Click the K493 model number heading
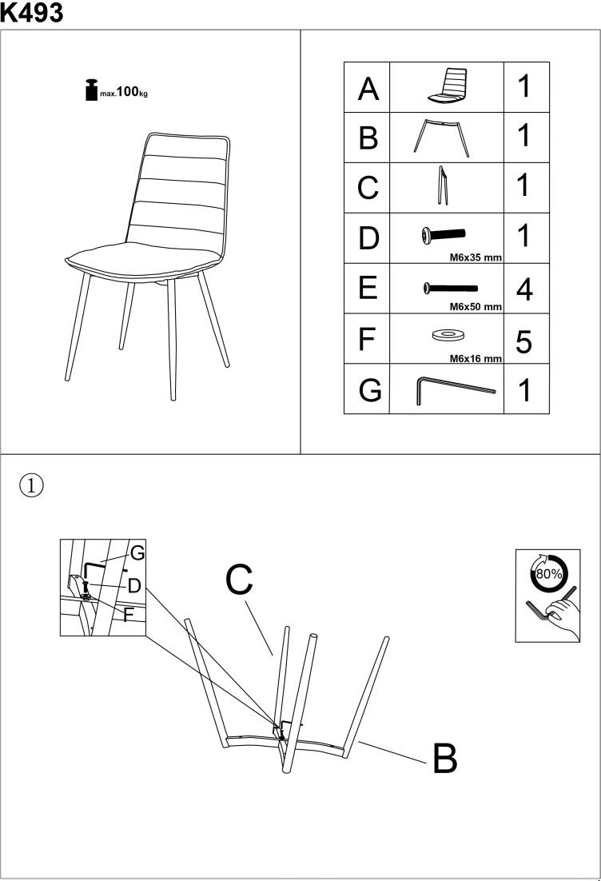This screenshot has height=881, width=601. [31, 12]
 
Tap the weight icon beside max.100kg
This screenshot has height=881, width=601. [91, 90]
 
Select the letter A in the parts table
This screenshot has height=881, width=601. [368, 89]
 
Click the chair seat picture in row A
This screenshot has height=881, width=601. [448, 86]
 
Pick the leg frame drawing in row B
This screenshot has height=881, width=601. [441, 138]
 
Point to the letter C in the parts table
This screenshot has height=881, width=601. [368, 187]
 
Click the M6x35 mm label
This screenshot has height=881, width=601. [476, 257]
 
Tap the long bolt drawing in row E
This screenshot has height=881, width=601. [451, 289]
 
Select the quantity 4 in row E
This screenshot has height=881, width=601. [524, 289]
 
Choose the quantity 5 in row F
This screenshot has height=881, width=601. [524, 341]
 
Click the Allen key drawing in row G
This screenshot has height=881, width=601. [456, 390]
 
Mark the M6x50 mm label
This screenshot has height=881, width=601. [476, 307]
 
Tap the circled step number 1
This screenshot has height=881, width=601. [31, 485]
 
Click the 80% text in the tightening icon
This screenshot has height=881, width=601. [549, 574]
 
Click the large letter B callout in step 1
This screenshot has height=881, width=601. [445, 758]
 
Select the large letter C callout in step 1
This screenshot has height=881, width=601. [239, 580]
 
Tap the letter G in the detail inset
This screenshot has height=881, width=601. [137, 553]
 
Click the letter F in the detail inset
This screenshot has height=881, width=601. [128, 616]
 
